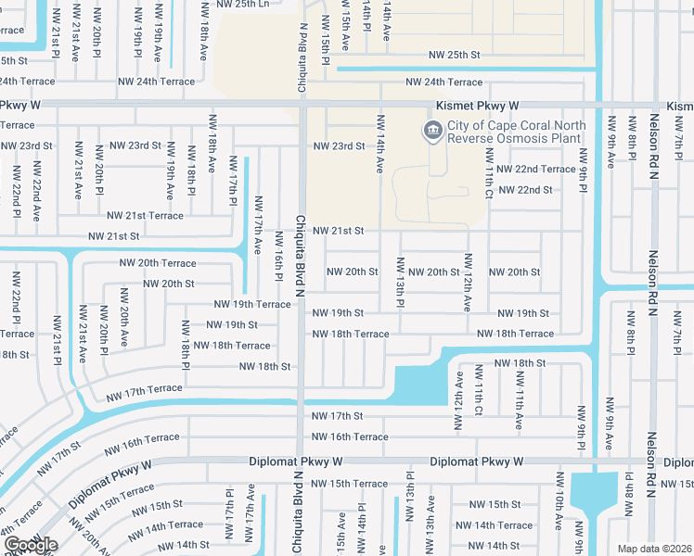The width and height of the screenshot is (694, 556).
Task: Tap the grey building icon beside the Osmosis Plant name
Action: click(432, 132)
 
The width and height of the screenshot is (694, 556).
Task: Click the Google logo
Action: click(31, 545)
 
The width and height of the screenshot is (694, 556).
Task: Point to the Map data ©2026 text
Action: click(654, 549)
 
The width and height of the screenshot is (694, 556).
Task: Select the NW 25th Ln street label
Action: click(242, 4)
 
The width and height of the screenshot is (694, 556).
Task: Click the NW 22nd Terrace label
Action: click(536, 169)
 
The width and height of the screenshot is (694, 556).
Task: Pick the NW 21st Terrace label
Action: click(148, 216)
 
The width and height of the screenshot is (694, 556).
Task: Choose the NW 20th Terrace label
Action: click(157, 263)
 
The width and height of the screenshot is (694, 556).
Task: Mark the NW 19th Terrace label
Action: click(252, 304)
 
